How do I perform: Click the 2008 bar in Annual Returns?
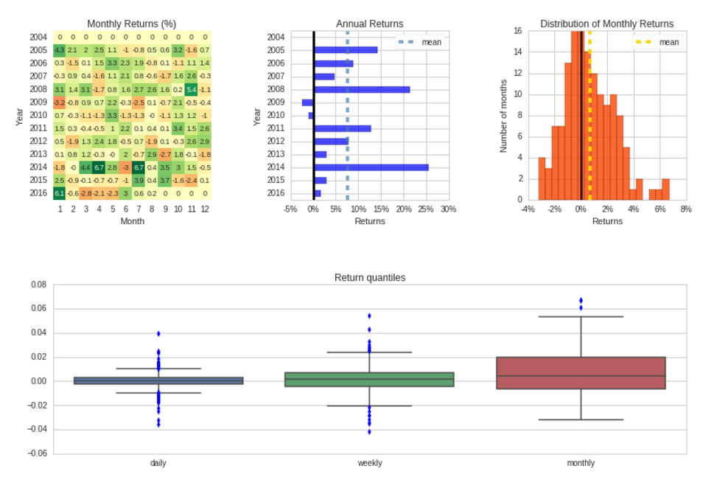click(x=361, y=89)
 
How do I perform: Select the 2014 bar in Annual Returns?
click(x=371, y=167)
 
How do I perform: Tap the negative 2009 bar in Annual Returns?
click(x=307, y=102)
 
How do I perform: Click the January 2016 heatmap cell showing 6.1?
click(x=60, y=193)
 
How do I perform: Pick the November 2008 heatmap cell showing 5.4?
click(x=192, y=89)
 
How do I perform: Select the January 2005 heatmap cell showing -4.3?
click(x=60, y=50)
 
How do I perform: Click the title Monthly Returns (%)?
click(x=131, y=24)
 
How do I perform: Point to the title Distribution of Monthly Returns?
click(x=606, y=24)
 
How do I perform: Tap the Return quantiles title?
click(x=370, y=278)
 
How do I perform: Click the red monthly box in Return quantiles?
click(x=581, y=373)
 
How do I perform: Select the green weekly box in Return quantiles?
click(x=369, y=380)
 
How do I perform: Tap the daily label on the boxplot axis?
click(x=158, y=463)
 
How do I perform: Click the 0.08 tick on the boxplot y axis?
click(x=38, y=285)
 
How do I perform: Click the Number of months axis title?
click(x=504, y=116)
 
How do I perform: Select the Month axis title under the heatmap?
click(x=132, y=221)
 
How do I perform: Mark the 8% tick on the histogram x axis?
click(x=686, y=209)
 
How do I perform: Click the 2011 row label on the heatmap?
click(x=38, y=128)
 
